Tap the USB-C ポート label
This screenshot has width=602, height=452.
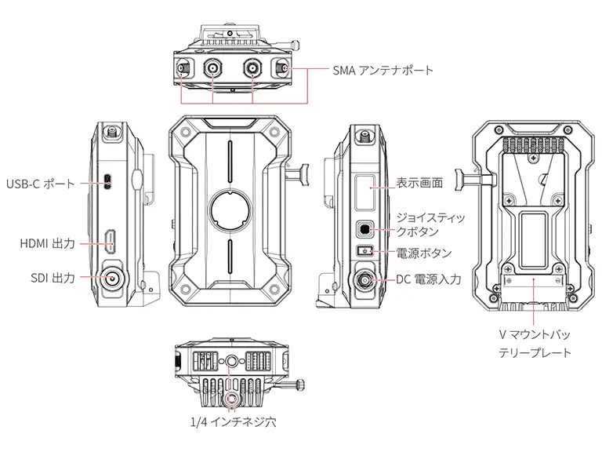[40, 184]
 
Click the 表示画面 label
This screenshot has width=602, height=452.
[420, 183]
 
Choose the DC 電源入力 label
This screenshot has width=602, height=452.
[428, 279]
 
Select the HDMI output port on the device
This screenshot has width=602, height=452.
[111, 241]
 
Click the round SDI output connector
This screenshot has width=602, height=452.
[112, 277]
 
